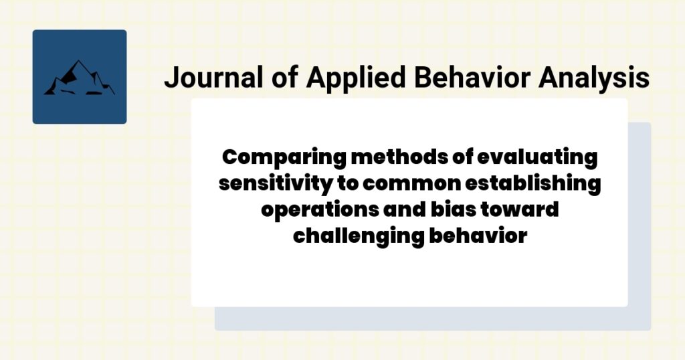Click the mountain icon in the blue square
pos(79,78)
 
